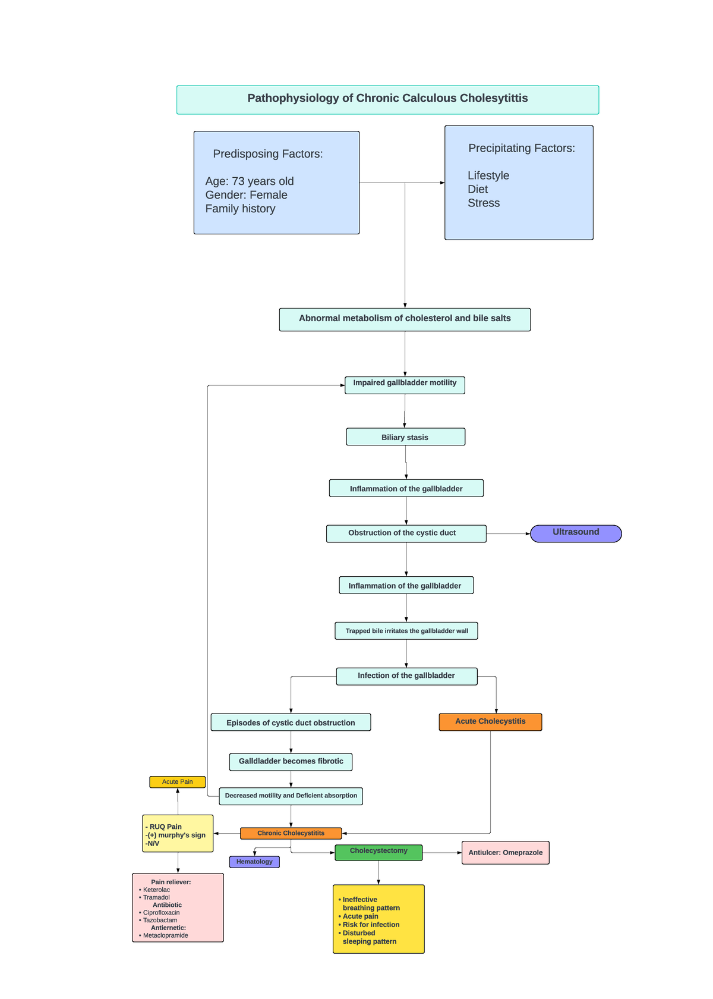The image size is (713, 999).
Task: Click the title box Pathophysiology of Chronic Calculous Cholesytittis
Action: click(x=387, y=99)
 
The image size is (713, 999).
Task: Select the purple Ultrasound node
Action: click(x=575, y=533)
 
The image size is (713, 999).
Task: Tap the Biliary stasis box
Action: click(x=405, y=437)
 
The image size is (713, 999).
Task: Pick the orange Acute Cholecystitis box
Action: click(x=490, y=722)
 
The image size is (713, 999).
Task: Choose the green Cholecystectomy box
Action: click(x=378, y=852)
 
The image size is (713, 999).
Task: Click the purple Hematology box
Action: click(x=254, y=862)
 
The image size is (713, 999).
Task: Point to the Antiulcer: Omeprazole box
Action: click(x=505, y=853)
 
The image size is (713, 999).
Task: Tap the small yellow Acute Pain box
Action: click(x=177, y=782)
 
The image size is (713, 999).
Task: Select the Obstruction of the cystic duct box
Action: click(x=406, y=533)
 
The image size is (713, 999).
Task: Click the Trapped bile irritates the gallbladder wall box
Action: click(x=406, y=631)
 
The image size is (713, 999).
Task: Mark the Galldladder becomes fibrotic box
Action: click(x=291, y=762)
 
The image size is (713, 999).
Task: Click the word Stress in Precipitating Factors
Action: click(x=484, y=203)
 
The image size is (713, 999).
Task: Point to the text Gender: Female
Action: click(x=246, y=195)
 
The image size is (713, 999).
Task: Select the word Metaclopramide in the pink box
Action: click(x=165, y=935)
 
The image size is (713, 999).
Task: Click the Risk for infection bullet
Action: click(x=371, y=925)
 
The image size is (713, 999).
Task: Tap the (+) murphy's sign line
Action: click(x=176, y=835)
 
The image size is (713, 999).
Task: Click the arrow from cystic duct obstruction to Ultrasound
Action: click(x=508, y=534)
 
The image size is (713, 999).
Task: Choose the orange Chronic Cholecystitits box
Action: click(x=291, y=833)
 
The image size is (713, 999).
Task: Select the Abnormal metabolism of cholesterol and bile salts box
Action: click(x=405, y=319)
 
